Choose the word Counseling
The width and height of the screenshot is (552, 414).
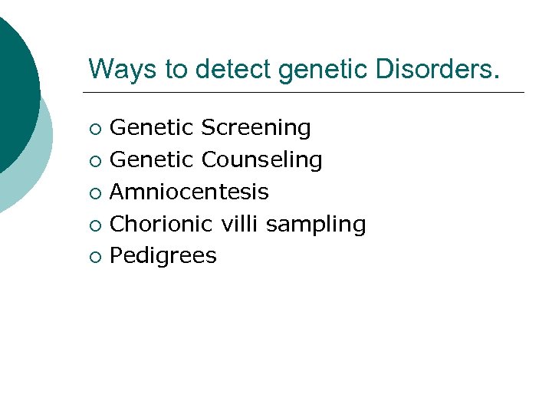coord(261,160)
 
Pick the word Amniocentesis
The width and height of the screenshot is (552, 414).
coord(189,192)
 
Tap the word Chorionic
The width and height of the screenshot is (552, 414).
coord(162,224)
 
